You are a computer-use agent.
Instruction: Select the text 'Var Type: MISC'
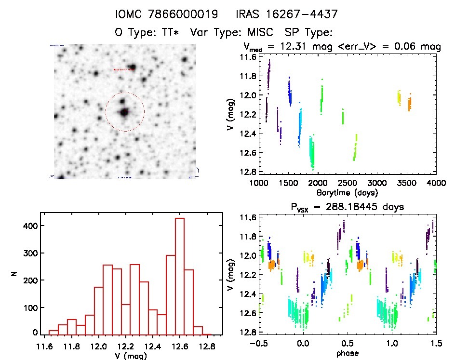point(232,32)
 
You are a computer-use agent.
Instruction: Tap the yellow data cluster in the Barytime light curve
point(399,97)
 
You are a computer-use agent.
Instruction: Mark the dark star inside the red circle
point(124,112)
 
